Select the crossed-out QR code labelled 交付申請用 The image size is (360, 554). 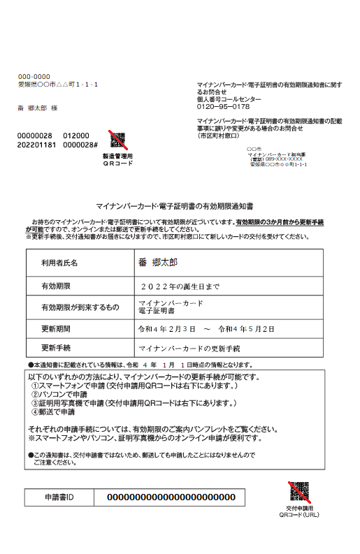(x=299, y=492)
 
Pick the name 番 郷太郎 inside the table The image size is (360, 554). (x=158, y=262)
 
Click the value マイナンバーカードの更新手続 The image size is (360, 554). (x=189, y=347)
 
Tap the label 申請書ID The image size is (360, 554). (x=59, y=497)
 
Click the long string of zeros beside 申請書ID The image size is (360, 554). (x=171, y=497)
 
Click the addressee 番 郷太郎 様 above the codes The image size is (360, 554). (x=37, y=108)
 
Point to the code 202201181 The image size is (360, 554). (x=36, y=145)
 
